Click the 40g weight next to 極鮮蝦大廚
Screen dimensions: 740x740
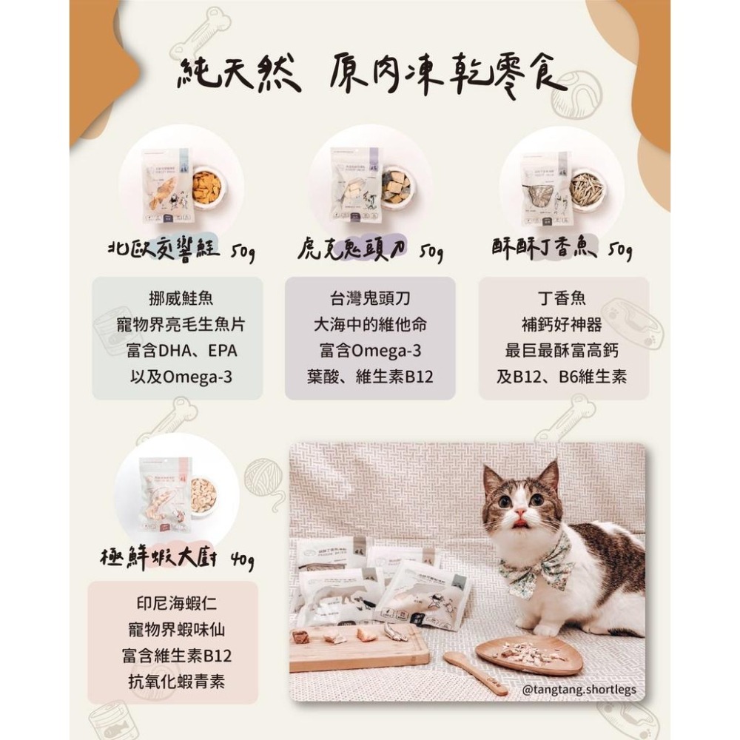click(x=241, y=559)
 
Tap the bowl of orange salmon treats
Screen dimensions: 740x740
click(x=206, y=187)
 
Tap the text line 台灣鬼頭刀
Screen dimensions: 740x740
click(x=370, y=300)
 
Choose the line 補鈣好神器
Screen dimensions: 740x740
click(x=562, y=325)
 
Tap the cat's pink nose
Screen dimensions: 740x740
click(x=520, y=514)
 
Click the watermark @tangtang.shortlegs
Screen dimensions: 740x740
click(x=579, y=690)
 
